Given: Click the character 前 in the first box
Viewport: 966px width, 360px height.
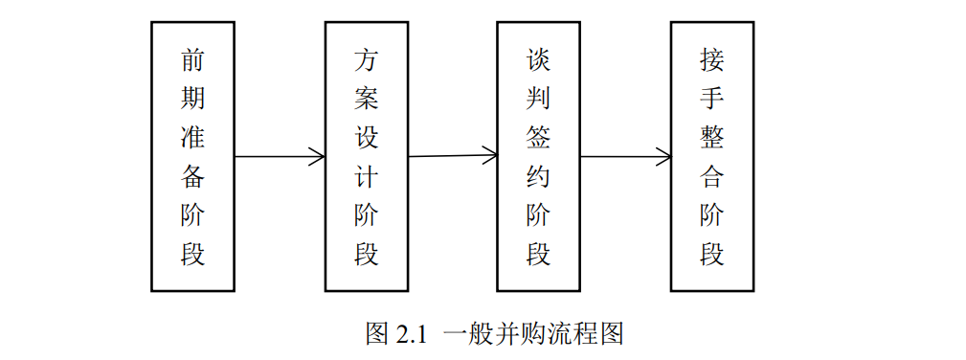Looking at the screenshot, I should pyautogui.click(x=192, y=60).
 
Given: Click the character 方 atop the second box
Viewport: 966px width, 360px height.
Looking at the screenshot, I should pyautogui.click(x=366, y=60).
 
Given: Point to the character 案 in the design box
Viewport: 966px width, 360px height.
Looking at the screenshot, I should pyautogui.click(x=366, y=100).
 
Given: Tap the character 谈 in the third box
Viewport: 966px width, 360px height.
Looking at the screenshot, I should pyautogui.click(x=538, y=60).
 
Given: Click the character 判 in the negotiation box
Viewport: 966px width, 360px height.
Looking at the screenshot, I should pyautogui.click(x=538, y=100).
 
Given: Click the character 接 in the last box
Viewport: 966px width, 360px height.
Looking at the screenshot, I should pyautogui.click(x=711, y=60).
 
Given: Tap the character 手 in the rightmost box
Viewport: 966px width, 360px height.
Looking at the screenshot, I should pyautogui.click(x=711, y=100).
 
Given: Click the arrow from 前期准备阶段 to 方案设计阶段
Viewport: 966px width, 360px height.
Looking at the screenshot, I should pyautogui.click(x=280, y=157).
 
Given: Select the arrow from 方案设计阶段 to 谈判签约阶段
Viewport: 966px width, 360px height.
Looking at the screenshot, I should pyautogui.click(x=452, y=155).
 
